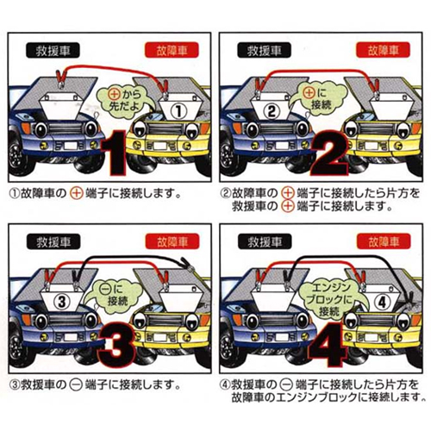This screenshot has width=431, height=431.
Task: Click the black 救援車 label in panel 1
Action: (53, 51)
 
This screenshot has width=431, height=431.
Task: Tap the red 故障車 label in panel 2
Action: (383, 50)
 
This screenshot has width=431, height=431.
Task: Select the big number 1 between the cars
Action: (115, 153)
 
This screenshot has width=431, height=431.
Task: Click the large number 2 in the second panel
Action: (330, 153)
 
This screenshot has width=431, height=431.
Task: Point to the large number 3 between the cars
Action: (116, 344)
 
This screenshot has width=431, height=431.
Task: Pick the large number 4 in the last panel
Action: (328, 344)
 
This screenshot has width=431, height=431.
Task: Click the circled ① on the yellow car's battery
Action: (178, 111)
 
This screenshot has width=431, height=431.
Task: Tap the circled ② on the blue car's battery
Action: (272, 111)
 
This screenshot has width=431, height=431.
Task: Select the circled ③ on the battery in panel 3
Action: (62, 302)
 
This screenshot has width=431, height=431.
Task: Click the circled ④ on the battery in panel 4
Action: (382, 303)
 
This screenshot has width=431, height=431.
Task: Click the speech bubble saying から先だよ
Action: (125, 100)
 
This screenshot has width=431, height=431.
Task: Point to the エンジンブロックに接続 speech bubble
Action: (330, 299)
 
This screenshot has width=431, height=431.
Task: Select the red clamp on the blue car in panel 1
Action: (61, 78)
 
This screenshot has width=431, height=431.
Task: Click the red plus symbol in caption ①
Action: (76, 193)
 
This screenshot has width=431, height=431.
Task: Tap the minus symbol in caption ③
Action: (77, 384)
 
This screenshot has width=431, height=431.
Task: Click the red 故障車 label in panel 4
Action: (384, 241)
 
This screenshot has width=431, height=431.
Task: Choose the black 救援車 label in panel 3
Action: (53, 242)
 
